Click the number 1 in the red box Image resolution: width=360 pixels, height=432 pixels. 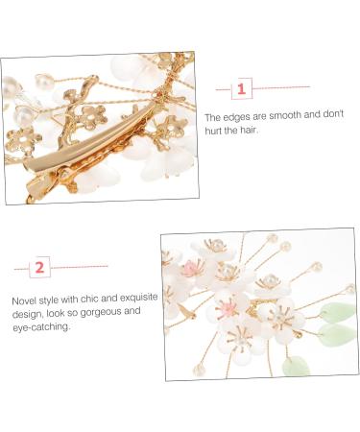coord(241,89)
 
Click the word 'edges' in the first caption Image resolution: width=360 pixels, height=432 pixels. coord(234,117)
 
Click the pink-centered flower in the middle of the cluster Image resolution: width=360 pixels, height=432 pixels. coord(228,307)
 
